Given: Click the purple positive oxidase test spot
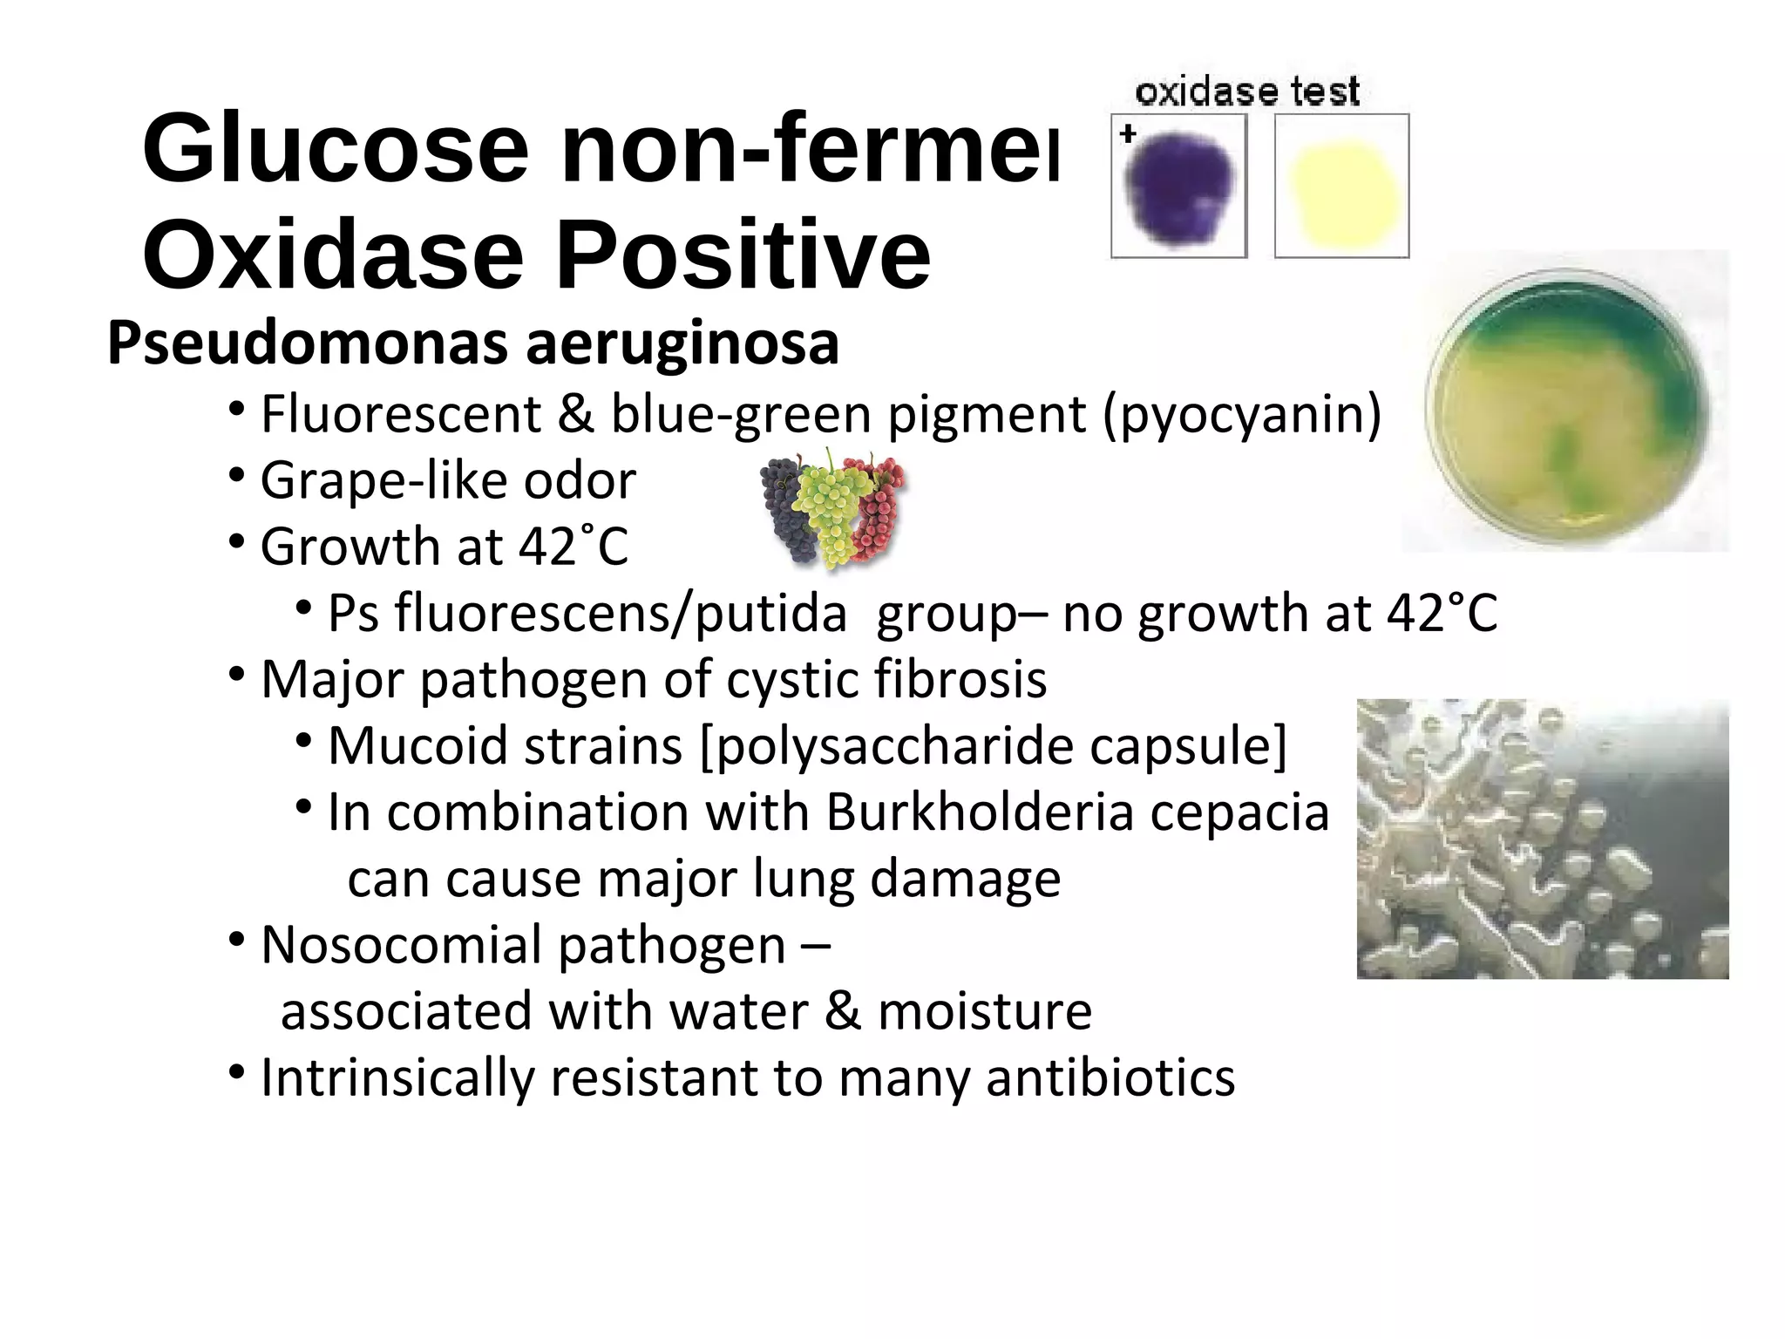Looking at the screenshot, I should point(1178,188).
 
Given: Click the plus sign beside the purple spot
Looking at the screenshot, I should point(1128,134).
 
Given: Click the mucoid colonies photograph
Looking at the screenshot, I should point(1542,839).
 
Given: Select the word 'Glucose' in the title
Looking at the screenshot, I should point(335,148).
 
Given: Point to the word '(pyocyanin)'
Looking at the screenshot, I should point(1242,415).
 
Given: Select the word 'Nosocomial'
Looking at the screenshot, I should point(402,945).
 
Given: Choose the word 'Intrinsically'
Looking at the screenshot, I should point(397,1078).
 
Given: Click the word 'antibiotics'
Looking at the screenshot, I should point(1110,1078).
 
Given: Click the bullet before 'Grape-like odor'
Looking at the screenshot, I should point(235,475).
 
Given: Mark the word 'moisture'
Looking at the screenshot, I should point(984,1011).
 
